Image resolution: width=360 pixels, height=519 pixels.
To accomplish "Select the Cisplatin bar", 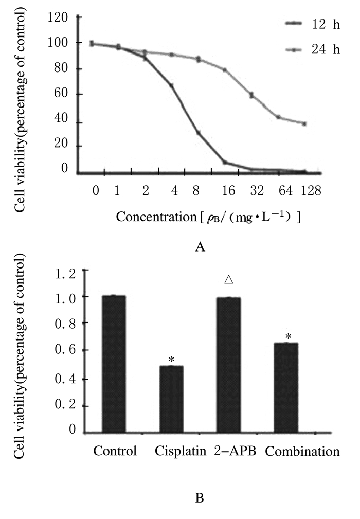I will pyautogui.click(x=171, y=399).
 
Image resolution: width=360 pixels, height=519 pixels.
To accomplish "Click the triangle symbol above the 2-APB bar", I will pyautogui.click(x=229, y=280).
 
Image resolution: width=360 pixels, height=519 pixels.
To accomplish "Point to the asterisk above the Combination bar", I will pyautogui.click(x=289, y=337).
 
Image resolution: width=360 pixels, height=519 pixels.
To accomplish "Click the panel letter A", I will pyautogui.click(x=201, y=247).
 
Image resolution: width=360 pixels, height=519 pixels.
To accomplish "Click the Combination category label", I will pyautogui.click(x=302, y=452).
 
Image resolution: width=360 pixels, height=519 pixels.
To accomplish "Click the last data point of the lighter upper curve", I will pyautogui.click(x=305, y=123).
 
